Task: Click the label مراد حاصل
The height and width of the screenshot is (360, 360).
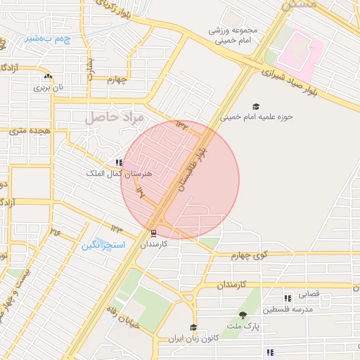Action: pyautogui.click(x=115, y=117)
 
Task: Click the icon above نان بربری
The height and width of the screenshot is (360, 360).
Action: pyautogui.click(x=48, y=77)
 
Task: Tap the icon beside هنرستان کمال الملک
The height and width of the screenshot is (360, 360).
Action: pyautogui.click(x=119, y=162)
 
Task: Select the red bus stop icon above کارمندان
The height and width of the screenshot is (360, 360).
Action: pyautogui.click(x=154, y=233)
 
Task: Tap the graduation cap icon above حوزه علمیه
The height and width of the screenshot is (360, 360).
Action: pyautogui.click(x=255, y=106)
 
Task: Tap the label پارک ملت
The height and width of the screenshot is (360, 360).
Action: pyautogui.click(x=243, y=326)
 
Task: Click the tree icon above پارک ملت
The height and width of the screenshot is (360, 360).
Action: pyautogui.click(x=243, y=315)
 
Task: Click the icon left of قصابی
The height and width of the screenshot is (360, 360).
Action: pyautogui.click(x=288, y=296)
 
